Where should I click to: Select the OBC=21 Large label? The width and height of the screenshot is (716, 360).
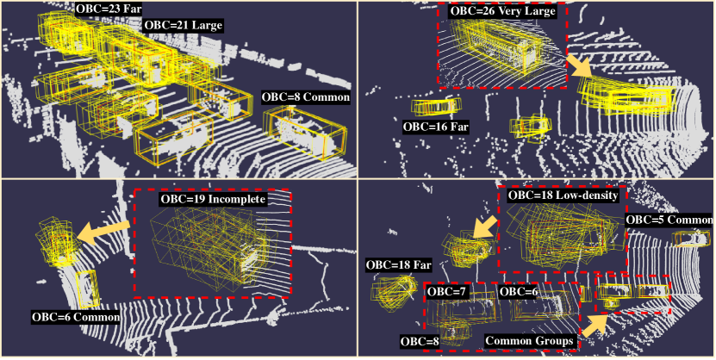184,25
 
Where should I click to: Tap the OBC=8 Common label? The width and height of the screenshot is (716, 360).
306,97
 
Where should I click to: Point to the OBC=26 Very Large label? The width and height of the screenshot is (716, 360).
503,11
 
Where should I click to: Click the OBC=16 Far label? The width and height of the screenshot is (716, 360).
436,127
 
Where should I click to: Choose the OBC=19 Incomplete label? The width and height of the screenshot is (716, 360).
213,200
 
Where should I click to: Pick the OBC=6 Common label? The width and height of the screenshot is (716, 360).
76,317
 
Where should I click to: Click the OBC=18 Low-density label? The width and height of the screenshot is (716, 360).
563,196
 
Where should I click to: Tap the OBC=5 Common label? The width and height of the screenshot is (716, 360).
669,219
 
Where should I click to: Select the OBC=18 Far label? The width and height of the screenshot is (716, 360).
398,265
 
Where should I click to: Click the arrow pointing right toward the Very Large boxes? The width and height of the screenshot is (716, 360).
579,66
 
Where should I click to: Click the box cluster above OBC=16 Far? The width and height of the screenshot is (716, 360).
436,107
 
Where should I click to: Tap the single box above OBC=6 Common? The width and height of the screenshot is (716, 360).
87,289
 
